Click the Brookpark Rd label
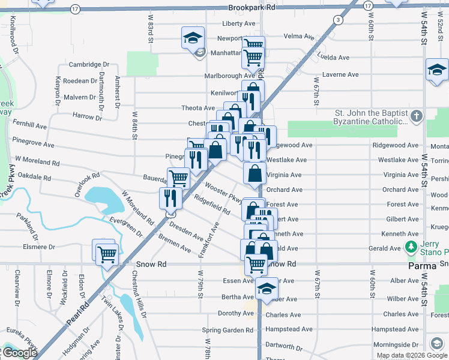(x=252, y=8)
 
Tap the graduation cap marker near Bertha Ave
(x=266, y=289)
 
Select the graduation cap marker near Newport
(x=193, y=38)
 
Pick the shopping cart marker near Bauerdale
(x=178, y=178)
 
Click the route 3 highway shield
(x=339, y=20)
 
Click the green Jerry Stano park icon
(x=411, y=247)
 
